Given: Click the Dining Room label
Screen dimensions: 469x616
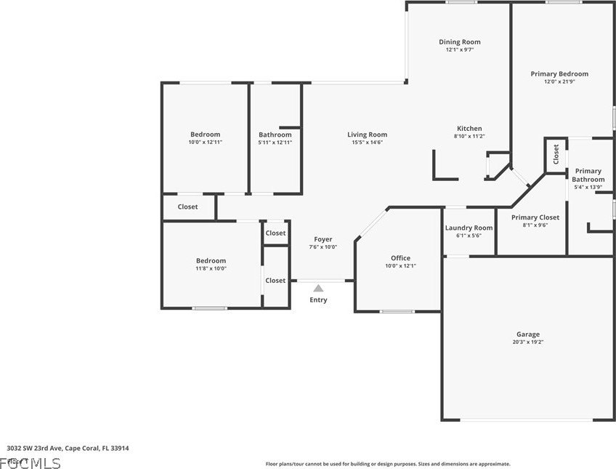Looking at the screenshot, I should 459,42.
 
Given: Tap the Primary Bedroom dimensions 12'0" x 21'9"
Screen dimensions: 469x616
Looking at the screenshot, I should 559,81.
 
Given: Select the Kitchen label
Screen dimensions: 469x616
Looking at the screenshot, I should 469,129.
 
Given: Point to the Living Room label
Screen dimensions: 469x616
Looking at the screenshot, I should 367,135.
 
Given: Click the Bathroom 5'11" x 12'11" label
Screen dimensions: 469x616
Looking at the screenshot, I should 275,135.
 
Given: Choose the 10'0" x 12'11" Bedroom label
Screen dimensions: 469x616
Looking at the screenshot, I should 205,135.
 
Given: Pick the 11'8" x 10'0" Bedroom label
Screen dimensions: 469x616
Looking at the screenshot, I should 211,261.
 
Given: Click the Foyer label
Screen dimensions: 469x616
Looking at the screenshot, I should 323,239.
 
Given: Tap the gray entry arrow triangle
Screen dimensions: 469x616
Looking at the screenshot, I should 318,289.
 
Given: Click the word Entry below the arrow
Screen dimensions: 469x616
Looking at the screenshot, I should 318,300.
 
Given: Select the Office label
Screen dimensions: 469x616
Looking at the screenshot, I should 400,258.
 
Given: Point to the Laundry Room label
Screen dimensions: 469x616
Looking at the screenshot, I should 469,228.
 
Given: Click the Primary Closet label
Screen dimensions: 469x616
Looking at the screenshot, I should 535,217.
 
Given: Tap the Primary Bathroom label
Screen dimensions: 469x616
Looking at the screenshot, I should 588,175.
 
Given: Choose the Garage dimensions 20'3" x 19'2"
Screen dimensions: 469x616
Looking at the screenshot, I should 528,342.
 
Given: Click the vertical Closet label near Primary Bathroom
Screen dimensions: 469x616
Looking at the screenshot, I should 556,154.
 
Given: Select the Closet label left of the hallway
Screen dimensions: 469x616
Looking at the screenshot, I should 187,207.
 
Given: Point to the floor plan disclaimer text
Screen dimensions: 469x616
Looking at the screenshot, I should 387,464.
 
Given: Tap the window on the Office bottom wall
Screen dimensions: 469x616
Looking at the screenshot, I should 397,312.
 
